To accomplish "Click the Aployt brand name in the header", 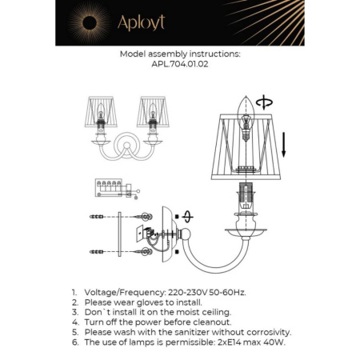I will pos(141,23).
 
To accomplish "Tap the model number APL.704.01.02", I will pos(179,66).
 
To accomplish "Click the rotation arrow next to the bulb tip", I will pos(266,102).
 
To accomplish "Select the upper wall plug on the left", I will pos(98,217).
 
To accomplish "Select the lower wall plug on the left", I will pos(98,253).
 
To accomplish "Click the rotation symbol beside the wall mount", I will pos(187,216).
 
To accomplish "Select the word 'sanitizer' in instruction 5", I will pos(186,331).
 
